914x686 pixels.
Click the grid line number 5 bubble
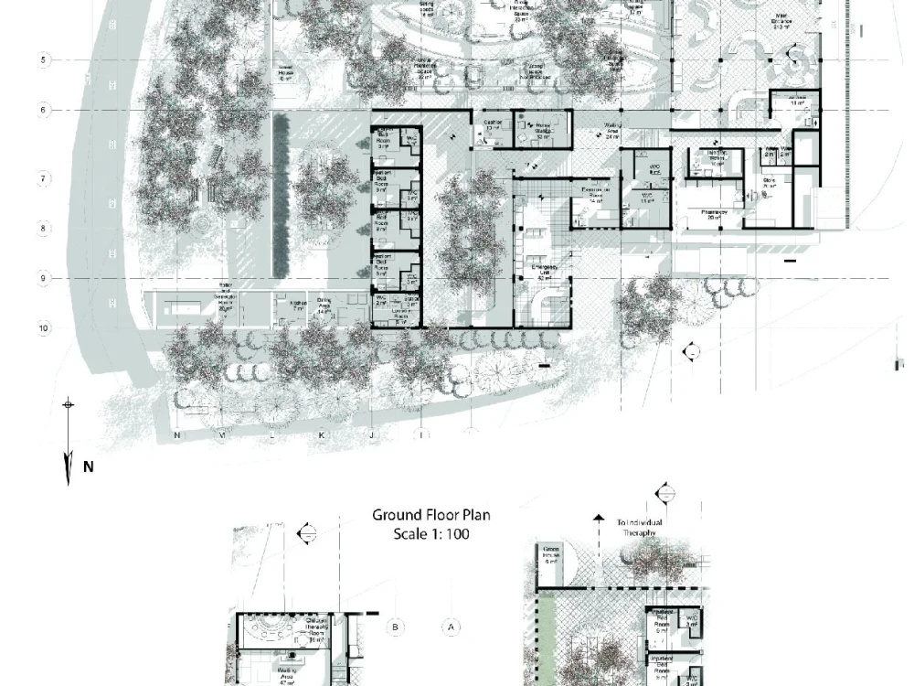coord(43,60)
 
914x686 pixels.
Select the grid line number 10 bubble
coord(44,327)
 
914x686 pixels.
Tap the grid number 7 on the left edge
coord(44,177)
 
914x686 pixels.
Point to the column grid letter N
coord(176,436)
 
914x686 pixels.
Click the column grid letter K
coord(321,436)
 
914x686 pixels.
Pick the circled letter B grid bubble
coord(396,627)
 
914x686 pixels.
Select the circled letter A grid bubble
coord(450,627)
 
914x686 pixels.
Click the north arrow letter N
coord(89,466)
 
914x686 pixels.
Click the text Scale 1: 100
coord(430,534)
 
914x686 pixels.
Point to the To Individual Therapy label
coord(640,527)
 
